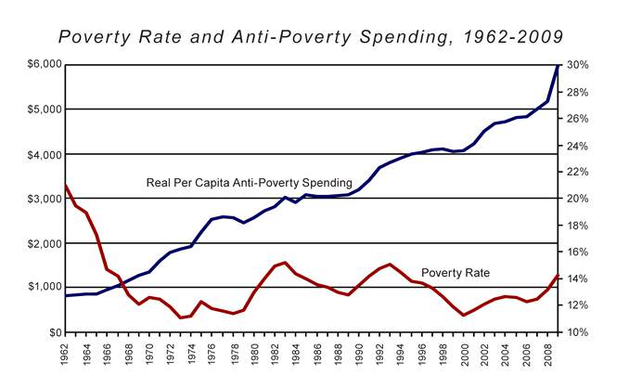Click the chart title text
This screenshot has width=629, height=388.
311,36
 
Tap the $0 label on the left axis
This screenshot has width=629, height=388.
52,332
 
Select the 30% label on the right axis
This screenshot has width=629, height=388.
578,65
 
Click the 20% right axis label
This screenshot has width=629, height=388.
578,199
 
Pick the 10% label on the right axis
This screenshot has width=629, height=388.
578,332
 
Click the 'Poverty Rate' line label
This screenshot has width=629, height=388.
456,273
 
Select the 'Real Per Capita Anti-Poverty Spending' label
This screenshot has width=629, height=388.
249,182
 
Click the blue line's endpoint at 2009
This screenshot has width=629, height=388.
558,65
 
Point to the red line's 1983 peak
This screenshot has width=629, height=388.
285,263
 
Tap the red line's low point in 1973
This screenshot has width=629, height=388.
180,318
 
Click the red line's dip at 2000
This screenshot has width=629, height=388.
464,316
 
